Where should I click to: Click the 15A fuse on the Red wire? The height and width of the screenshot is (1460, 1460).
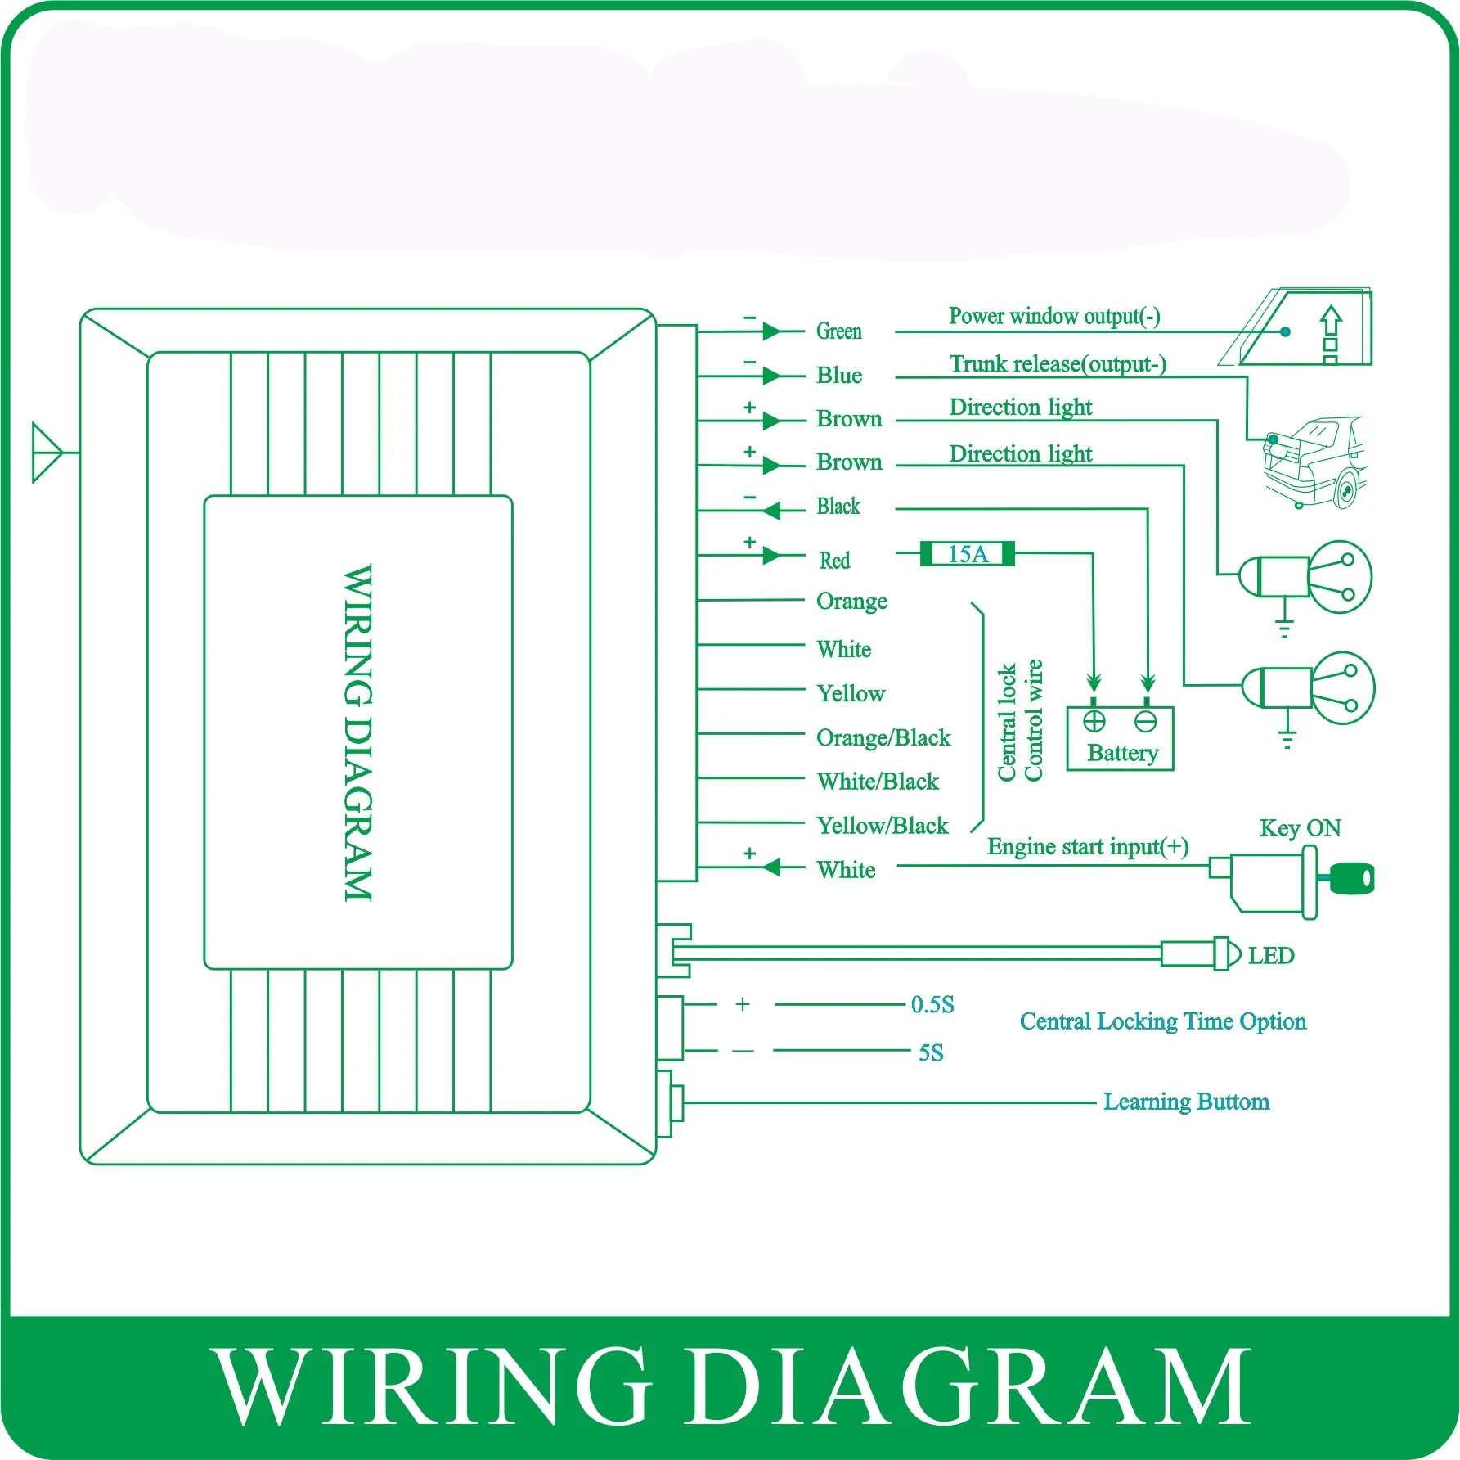[x=967, y=554]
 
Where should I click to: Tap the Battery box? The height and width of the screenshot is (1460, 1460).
[x=1120, y=738]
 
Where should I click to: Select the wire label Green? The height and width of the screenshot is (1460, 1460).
[x=838, y=331]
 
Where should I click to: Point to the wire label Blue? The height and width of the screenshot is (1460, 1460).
[x=838, y=375]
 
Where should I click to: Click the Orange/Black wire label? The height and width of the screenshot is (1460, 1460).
[x=883, y=737]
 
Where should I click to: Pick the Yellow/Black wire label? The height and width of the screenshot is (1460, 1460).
[x=882, y=825]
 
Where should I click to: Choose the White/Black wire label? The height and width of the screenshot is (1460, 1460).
[x=878, y=781]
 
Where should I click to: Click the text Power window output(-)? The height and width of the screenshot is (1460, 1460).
[x=1053, y=316]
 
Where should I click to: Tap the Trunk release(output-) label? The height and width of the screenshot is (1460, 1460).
[x=1057, y=363]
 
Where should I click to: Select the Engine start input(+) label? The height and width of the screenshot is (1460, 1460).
[x=1087, y=846]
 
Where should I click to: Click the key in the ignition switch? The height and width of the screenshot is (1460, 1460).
[x=1352, y=878]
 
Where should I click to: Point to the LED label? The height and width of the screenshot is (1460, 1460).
[x=1270, y=955]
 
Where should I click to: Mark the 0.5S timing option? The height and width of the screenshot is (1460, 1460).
[x=932, y=1004]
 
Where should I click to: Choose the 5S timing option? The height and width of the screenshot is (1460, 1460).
[x=931, y=1052]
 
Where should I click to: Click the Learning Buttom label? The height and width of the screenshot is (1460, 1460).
[x=1186, y=1102]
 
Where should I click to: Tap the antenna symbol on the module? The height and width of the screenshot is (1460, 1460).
[x=47, y=452]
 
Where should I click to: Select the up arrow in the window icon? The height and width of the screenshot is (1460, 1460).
[x=1331, y=321]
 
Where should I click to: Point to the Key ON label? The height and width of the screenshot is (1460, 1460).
[x=1300, y=827]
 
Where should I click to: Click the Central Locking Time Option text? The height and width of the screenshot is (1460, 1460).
[x=1162, y=1021]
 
